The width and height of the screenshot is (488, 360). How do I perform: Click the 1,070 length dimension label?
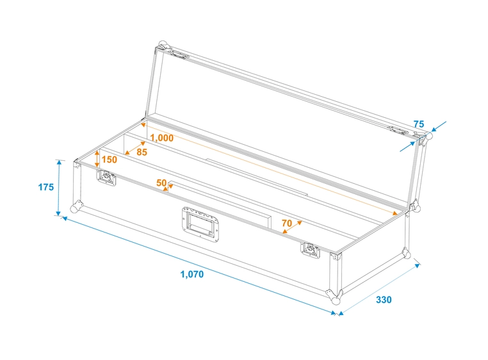click(x=191, y=274)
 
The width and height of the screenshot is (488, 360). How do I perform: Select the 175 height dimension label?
click(x=45, y=187)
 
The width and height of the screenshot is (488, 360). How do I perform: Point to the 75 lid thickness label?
click(x=419, y=124)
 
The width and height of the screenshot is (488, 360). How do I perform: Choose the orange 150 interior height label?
click(x=110, y=160)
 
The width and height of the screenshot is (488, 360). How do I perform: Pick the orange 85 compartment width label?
click(x=142, y=152)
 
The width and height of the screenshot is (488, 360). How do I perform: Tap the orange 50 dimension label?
click(x=161, y=183)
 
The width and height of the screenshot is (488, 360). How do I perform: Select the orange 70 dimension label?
click(x=286, y=223)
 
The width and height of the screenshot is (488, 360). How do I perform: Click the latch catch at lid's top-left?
click(x=180, y=55)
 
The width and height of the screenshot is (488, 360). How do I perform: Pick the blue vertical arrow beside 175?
click(x=60, y=187)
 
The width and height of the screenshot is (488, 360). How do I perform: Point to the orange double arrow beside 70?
click(x=293, y=228)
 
